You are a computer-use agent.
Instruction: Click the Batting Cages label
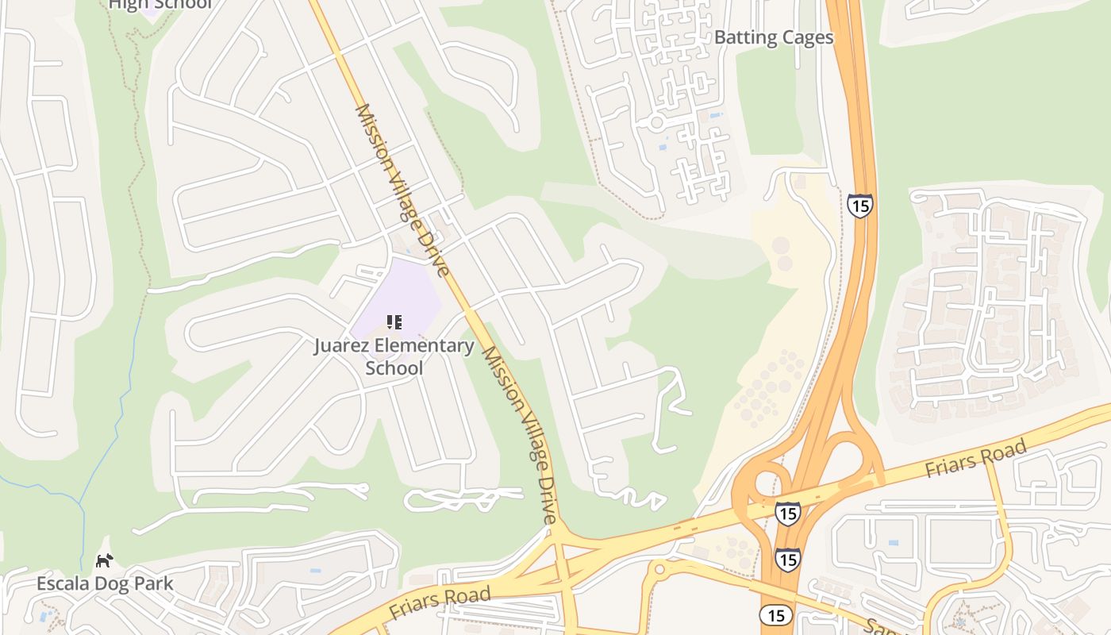coord(774,37)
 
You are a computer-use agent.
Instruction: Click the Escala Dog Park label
coord(105,583)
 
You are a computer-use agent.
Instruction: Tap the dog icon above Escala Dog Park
coord(104,560)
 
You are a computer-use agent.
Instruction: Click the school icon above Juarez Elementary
coord(394,321)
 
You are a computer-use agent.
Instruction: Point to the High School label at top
coord(160,5)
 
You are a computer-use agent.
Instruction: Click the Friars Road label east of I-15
coord(975,457)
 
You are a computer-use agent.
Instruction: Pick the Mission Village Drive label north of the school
coord(402,190)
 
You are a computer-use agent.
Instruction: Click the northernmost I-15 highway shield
coord(859,206)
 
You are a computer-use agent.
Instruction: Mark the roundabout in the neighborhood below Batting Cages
coord(656,123)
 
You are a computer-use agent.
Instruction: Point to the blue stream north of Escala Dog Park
coord(119,413)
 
